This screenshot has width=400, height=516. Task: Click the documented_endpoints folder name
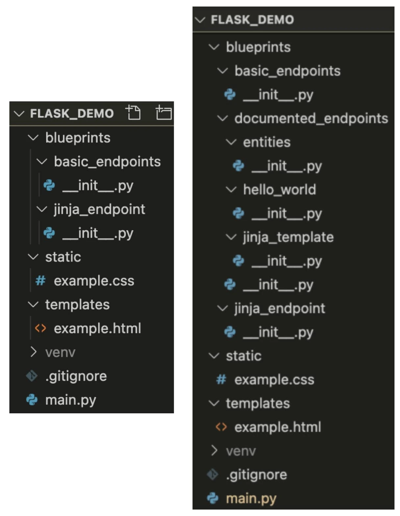311,118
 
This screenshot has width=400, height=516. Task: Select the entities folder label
267,142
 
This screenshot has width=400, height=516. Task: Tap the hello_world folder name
279,190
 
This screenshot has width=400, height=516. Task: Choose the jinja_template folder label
288,237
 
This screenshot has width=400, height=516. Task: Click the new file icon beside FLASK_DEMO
133,113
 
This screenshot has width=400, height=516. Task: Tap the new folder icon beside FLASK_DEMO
163,113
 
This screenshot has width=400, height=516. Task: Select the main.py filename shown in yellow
251,499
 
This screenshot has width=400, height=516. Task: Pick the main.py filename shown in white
71,400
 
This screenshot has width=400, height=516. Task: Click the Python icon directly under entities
238,166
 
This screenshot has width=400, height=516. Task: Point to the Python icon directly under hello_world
238,214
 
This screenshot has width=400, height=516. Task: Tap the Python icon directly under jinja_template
238,261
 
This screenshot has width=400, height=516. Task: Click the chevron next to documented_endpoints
223,118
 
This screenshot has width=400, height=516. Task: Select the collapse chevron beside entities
231,142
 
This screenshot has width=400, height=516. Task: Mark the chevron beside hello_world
231,190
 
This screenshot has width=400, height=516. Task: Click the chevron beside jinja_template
231,237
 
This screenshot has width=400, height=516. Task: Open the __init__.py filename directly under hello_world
287,214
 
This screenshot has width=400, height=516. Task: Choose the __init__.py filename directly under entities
287,166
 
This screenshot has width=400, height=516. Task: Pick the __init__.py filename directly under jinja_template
287,261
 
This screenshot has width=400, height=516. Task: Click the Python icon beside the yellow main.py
213,498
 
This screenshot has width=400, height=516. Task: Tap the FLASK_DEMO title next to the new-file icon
72,114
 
